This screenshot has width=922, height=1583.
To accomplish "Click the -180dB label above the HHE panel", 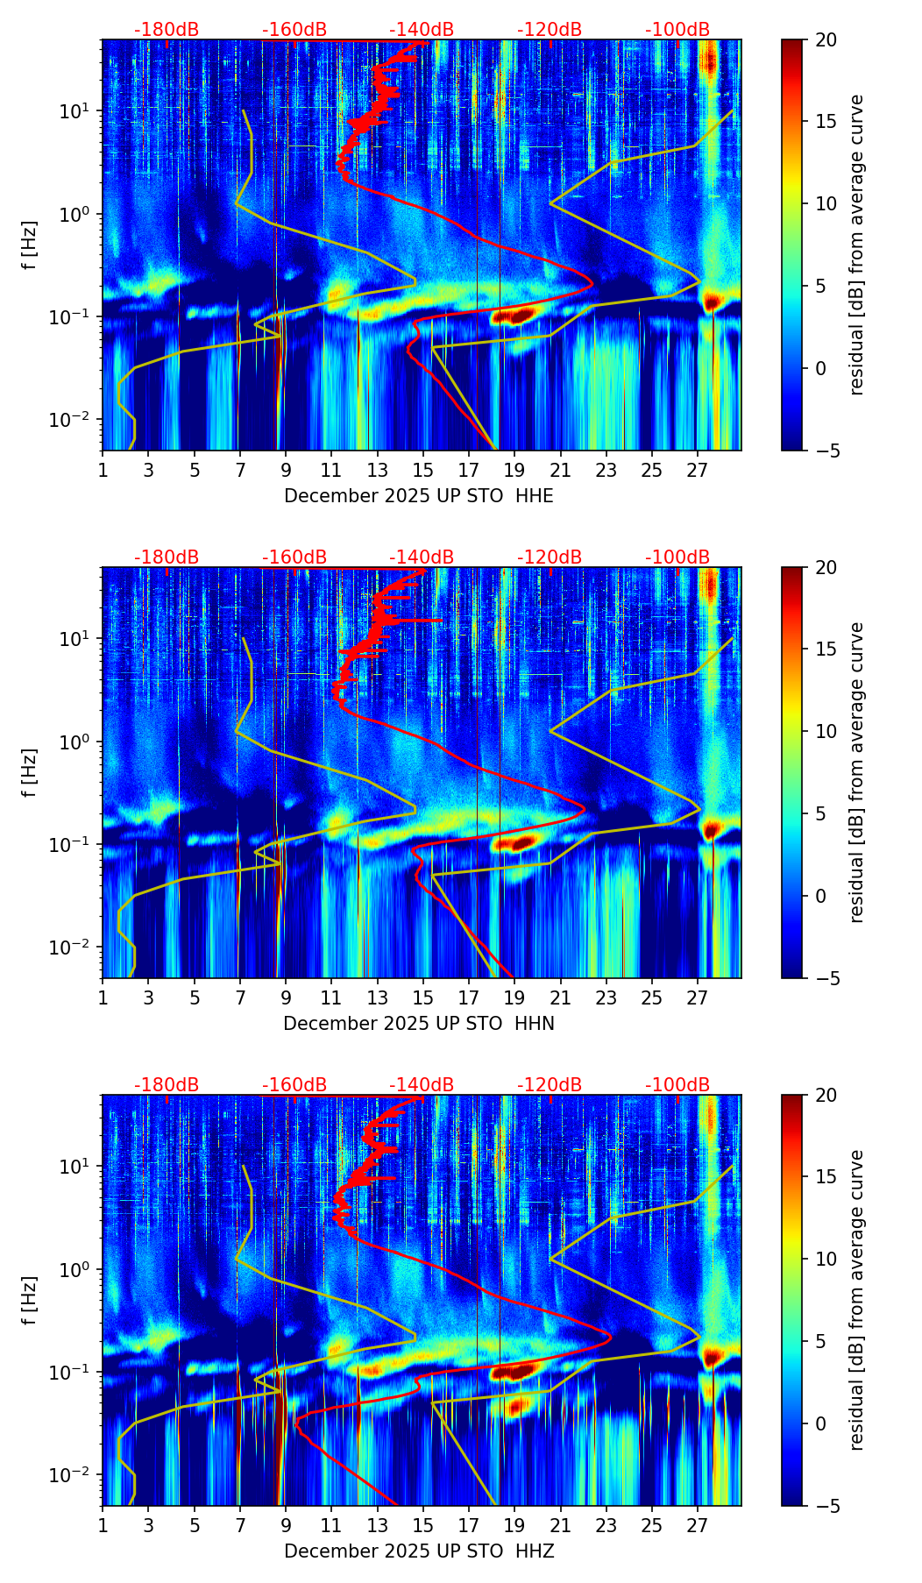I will (167, 30).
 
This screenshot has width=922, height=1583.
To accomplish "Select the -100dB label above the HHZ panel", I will (677, 1085).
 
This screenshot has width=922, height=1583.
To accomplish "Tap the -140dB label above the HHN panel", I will (422, 557).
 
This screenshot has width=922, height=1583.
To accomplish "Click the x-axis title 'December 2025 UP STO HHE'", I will (419, 496).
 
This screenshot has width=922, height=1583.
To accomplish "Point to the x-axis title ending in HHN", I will (419, 1024).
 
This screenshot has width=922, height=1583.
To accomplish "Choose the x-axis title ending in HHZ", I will (419, 1551).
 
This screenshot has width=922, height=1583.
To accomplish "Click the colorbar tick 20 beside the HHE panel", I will (826, 39).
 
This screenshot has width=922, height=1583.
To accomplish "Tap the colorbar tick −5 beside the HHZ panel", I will (826, 1506).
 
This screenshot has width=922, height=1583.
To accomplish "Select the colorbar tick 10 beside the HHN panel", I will (826, 731).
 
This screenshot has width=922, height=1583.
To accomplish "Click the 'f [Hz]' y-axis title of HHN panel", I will (30, 772).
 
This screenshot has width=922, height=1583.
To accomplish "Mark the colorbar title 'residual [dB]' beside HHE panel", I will (857, 245).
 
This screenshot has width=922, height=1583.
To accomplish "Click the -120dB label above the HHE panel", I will (550, 30).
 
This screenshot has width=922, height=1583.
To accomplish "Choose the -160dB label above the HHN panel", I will (294, 557).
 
